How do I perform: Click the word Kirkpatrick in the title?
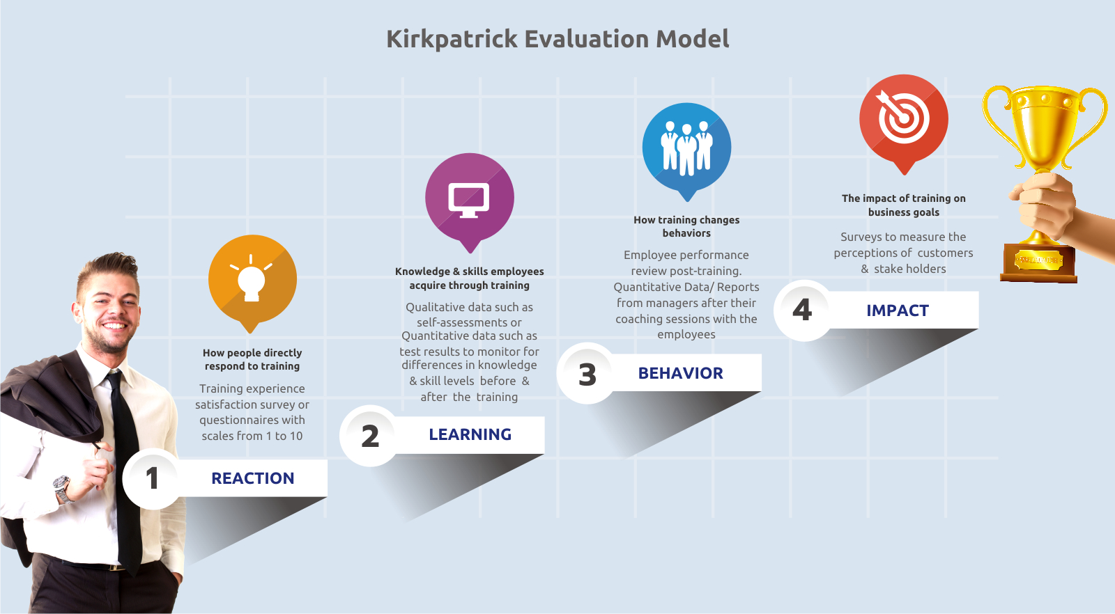(452, 39)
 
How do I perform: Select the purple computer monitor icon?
(470, 201)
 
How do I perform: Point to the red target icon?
(903, 123)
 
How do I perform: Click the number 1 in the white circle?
(152, 478)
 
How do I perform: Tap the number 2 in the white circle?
(370, 436)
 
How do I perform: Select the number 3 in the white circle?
(587, 375)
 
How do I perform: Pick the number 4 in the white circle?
(802, 310)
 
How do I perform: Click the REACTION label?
(253, 478)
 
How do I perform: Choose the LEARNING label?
(470, 434)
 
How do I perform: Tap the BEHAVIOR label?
(680, 373)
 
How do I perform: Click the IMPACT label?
(898, 310)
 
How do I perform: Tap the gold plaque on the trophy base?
(1038, 260)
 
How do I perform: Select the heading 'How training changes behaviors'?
(686, 226)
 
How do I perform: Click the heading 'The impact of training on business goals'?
(903, 205)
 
